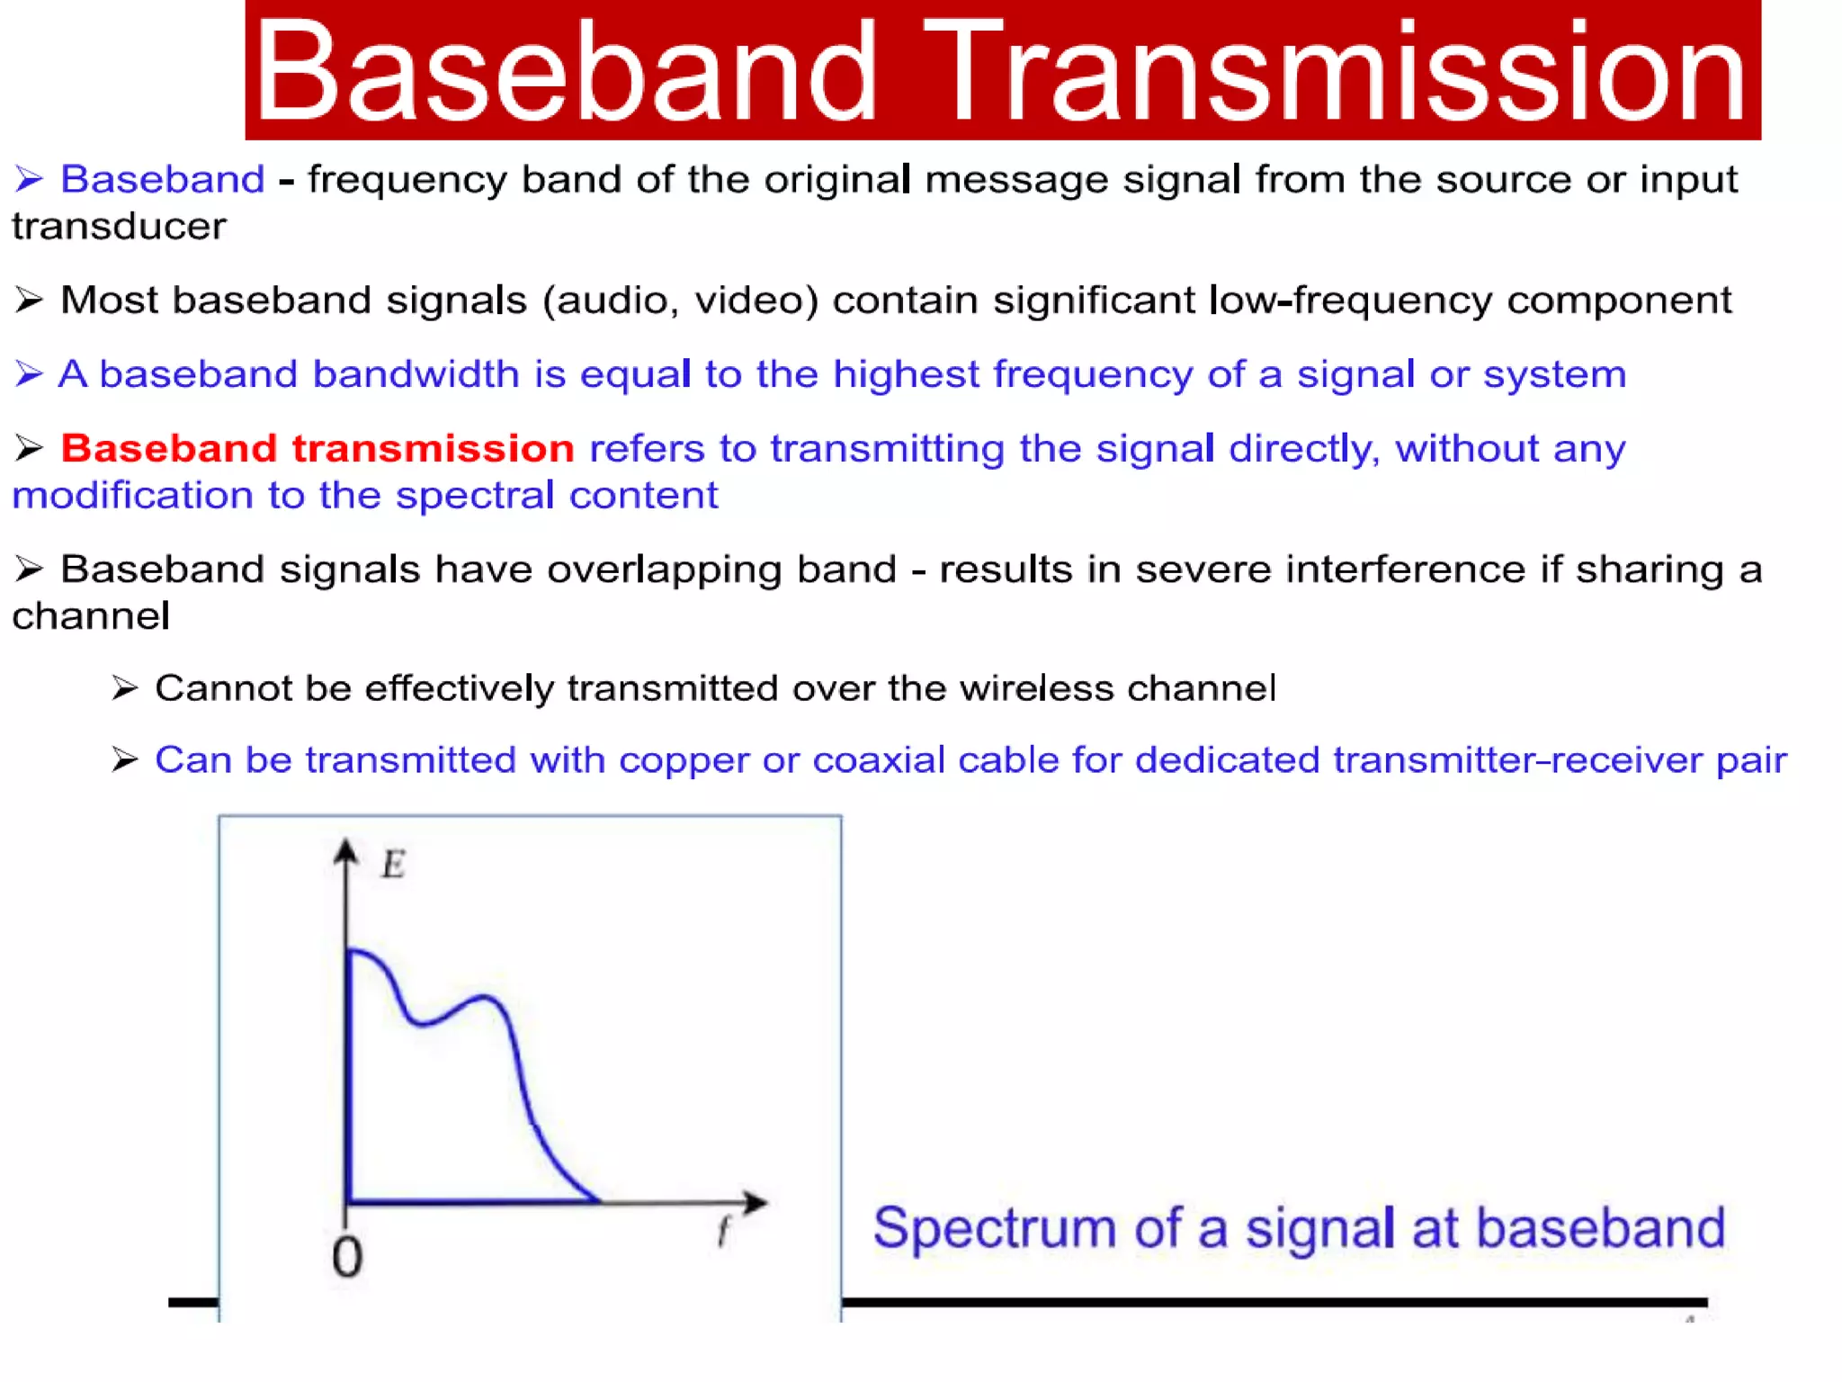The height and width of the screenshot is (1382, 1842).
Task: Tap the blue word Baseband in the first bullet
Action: coord(163,179)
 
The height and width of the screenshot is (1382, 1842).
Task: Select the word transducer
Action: coord(119,227)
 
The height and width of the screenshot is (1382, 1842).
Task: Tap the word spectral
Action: coord(475,495)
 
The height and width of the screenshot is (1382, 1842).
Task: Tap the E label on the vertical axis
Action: coord(393,865)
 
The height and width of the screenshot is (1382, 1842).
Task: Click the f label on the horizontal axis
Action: coord(723,1231)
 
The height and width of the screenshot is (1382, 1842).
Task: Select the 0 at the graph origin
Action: coord(347,1258)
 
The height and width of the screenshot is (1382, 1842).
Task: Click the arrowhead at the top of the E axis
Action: coord(346,850)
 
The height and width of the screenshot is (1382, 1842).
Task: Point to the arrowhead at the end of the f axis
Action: coord(756,1202)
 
